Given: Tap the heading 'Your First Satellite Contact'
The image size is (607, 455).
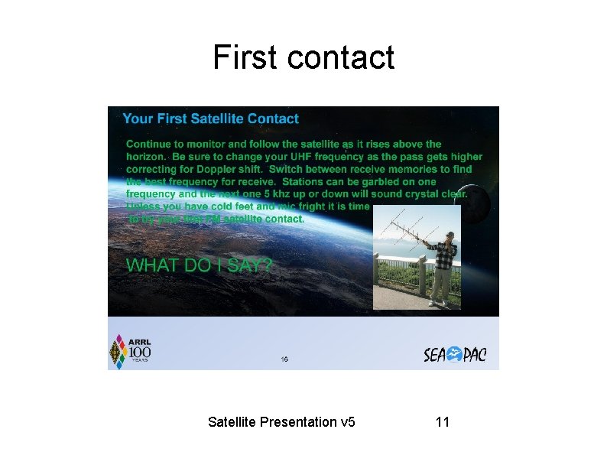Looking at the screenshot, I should (210, 119).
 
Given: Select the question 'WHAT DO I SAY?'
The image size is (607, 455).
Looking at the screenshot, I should (199, 265).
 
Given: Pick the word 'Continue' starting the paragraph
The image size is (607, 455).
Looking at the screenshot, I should (148, 144).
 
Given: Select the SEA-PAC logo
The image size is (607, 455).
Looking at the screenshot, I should (455, 355).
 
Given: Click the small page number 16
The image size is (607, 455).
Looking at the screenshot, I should (284, 359).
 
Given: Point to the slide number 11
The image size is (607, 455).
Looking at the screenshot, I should (442, 421).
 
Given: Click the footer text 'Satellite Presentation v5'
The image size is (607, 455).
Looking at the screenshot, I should (281, 421).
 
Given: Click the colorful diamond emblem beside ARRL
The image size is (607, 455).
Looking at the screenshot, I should (118, 352).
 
